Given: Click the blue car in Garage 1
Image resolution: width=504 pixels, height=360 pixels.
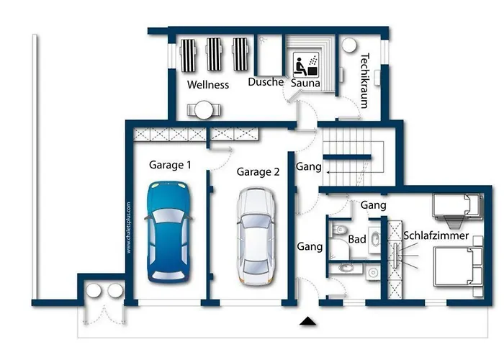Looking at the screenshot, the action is click(168, 232).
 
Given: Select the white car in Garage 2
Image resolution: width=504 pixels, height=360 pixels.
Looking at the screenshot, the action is click(256, 237).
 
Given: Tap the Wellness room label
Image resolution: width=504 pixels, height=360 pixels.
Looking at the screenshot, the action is click(208, 85).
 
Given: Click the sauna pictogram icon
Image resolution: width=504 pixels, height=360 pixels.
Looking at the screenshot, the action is click(306, 65).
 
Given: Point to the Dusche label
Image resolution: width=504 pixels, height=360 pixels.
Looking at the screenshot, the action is click(266, 82).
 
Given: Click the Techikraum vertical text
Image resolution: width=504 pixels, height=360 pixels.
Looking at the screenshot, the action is click(365, 81).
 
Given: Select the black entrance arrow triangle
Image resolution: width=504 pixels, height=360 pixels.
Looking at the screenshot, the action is click(308, 321).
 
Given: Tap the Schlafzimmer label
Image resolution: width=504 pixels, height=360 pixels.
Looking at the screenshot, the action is click(436, 235).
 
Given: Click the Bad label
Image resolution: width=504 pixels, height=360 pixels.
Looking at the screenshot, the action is click(357, 239).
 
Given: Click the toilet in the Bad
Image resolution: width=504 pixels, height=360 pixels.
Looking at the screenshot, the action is click(339, 230).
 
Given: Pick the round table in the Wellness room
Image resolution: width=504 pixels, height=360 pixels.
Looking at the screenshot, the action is click(204, 110).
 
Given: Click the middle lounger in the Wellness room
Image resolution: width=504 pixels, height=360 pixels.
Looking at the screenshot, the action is click(214, 54).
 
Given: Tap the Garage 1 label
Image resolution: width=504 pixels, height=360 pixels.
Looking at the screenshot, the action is click(170, 165).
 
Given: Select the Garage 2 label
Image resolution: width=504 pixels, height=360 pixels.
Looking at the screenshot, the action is click(258, 172).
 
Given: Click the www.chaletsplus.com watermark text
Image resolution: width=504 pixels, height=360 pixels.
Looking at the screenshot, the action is click(129, 228).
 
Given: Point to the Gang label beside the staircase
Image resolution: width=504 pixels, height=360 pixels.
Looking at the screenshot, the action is click(309, 167).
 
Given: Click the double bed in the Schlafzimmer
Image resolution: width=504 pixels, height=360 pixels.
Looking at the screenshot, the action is click(458, 266).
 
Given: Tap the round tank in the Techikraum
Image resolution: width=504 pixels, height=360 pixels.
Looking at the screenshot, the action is click(349, 45).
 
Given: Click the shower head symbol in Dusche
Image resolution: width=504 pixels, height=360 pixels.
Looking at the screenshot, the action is click(264, 40).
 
